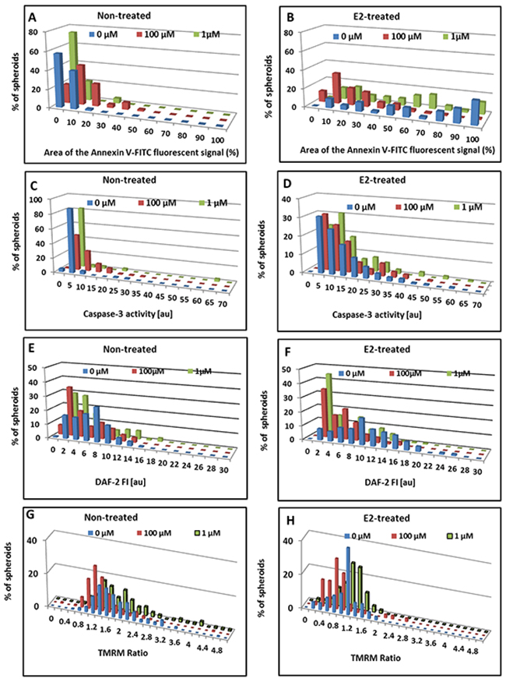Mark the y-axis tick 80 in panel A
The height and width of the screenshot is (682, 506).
pyautogui.click(x=35, y=32)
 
